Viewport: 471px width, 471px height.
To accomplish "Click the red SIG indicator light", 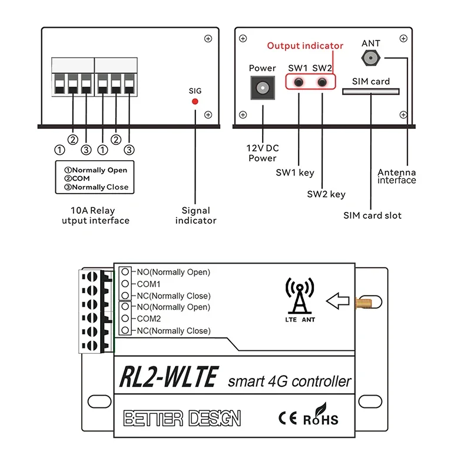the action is [195, 101].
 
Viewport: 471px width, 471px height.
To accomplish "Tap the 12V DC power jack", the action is [263, 88].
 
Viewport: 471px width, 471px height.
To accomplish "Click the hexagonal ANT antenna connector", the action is [371, 58].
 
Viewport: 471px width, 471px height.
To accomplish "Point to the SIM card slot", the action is [371, 91].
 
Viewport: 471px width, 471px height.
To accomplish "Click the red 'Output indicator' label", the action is [305, 46].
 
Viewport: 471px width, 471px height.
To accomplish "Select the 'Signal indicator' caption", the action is [196, 215].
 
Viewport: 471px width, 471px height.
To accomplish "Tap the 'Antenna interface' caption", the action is [396, 176].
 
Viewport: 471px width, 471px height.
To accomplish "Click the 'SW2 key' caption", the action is [326, 194].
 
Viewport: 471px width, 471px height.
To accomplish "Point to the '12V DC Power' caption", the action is [263, 153].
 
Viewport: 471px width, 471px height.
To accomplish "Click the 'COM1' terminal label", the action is [148, 284].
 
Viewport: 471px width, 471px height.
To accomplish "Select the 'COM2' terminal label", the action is [149, 319].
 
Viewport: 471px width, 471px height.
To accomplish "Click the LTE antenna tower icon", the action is [300, 296].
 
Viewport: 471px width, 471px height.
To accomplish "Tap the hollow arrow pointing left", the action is [337, 301].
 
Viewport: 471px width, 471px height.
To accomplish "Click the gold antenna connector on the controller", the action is [363, 302].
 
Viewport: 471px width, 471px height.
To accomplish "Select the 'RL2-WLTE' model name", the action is [169, 377].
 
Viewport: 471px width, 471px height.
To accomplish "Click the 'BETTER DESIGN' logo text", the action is [182, 418].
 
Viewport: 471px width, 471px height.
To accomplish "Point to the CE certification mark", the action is [287, 418].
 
